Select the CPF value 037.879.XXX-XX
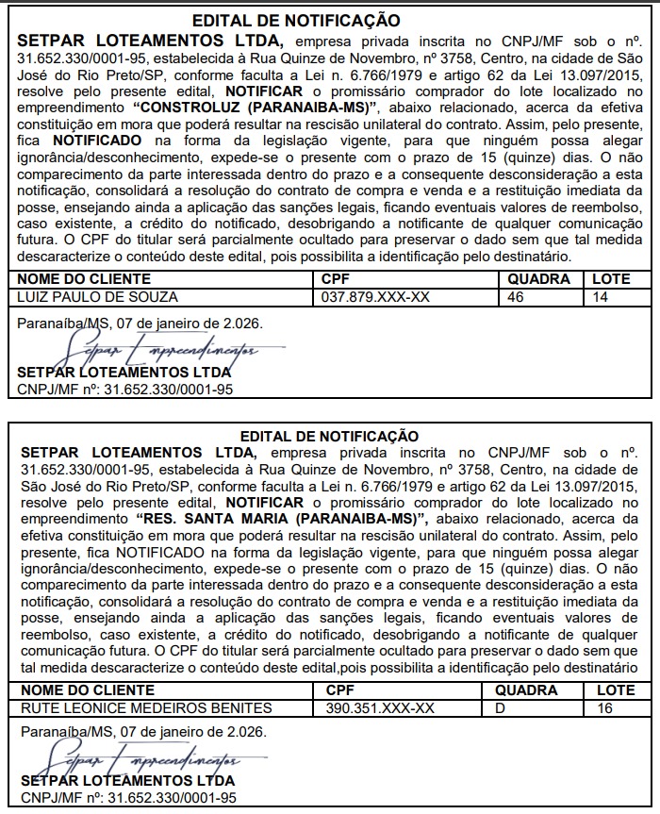click(x=376, y=296)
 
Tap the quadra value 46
click(x=515, y=296)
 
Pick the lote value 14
click(x=601, y=296)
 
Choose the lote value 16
click(x=604, y=707)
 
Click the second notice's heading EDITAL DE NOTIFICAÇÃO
click(x=329, y=436)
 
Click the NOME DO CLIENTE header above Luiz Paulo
click(x=84, y=279)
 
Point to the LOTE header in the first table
click(x=610, y=279)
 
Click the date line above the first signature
click(x=140, y=323)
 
